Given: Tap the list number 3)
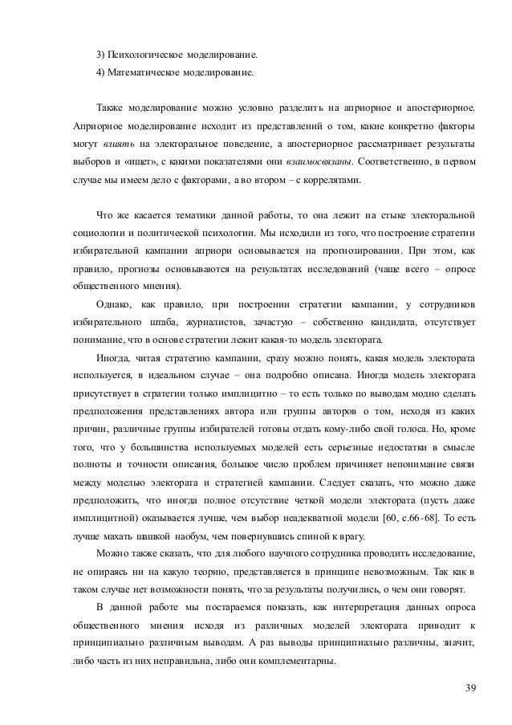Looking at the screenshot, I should [x=102, y=55].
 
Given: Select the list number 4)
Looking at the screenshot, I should [x=102, y=72].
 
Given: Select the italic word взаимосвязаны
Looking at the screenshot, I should [x=323, y=161].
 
